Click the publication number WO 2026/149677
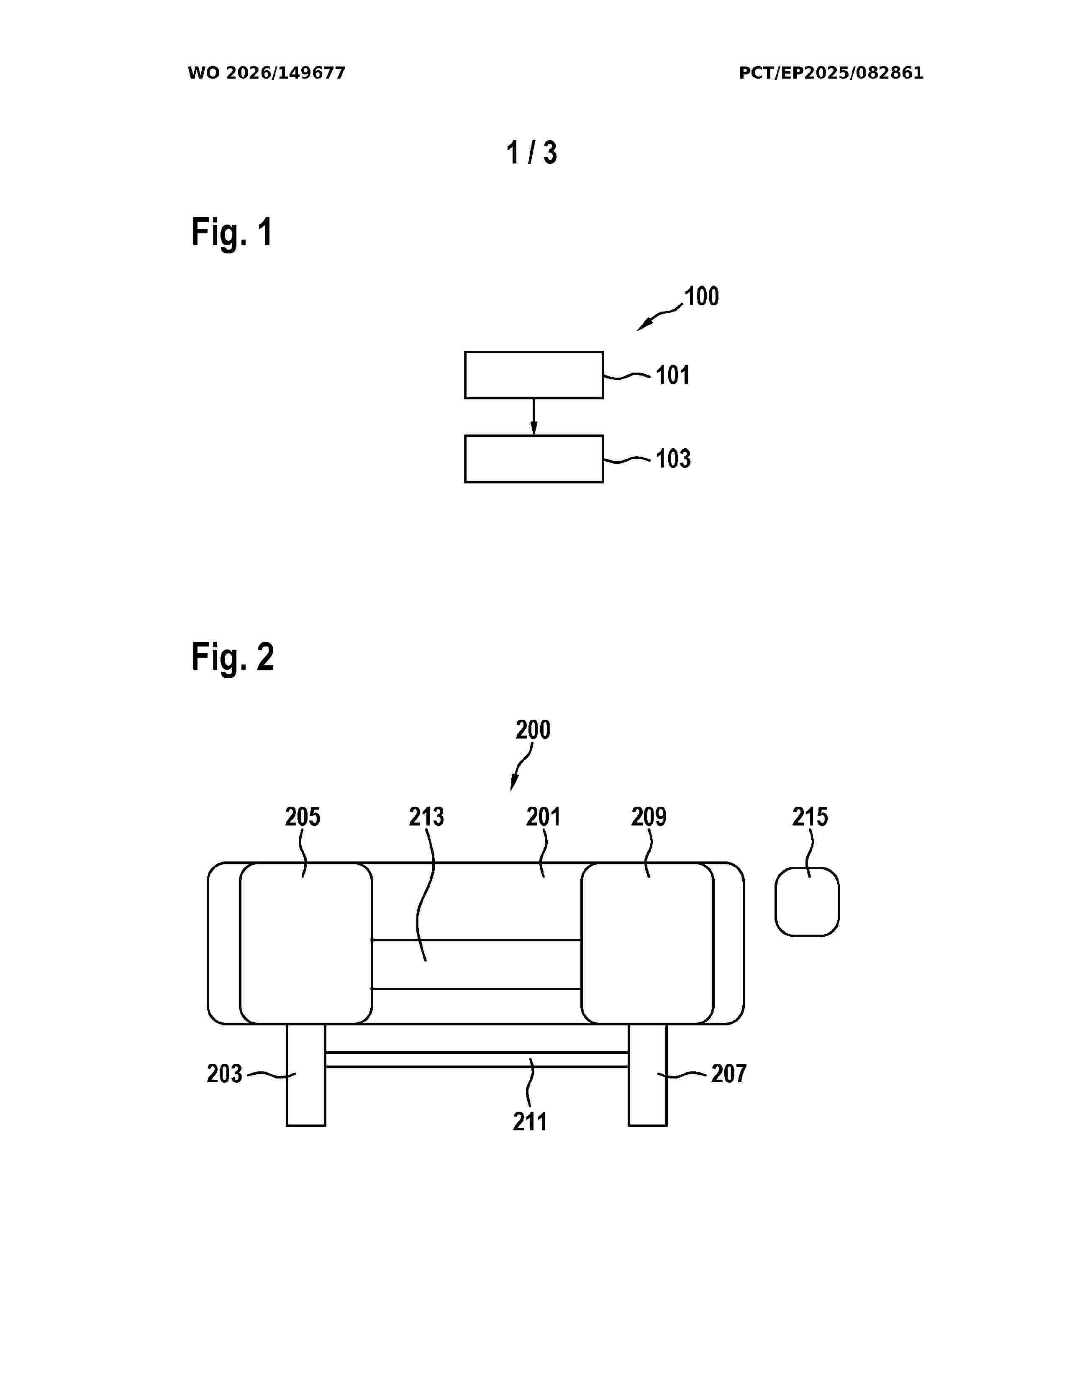266,73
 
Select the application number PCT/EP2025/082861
831,73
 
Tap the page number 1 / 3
531,153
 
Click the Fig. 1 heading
232,232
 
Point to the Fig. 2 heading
233,657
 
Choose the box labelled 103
533,459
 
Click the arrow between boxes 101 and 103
533,417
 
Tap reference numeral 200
533,730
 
